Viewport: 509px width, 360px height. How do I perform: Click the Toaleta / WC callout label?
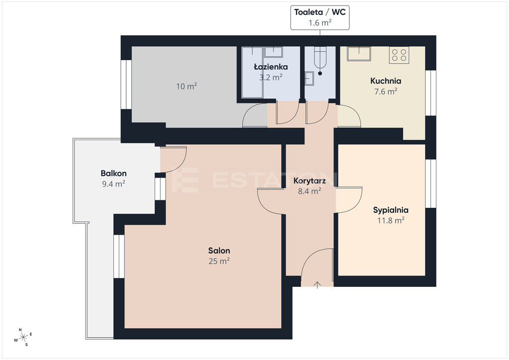pos(320,12)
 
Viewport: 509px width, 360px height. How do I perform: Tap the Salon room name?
pos(219,251)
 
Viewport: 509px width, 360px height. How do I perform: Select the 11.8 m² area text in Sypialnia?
pos(391,220)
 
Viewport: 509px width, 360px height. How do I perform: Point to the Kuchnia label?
pos(386,81)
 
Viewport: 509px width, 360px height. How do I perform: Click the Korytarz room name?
pos(309,181)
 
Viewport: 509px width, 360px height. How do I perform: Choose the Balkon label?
pos(114,174)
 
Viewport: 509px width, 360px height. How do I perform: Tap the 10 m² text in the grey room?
pos(186,87)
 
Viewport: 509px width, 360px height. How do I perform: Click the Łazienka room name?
pos(271,67)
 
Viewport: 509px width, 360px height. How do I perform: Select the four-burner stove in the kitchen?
pos(399,55)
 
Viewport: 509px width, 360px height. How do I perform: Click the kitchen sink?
pos(359,54)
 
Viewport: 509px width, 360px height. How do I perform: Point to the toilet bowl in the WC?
pos(320,61)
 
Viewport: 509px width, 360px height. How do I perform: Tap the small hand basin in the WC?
pos(309,79)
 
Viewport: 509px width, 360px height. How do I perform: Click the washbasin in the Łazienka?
pos(273,52)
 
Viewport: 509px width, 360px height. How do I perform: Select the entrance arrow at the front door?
pos(317,285)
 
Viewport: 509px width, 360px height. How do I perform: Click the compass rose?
pos(23,338)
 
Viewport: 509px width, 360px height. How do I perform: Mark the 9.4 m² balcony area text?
pos(114,184)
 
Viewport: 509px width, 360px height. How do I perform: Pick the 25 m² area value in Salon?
pos(219,261)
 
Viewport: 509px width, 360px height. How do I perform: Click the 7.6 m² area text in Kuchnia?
pos(386,91)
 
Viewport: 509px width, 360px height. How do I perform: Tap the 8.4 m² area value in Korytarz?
pos(309,191)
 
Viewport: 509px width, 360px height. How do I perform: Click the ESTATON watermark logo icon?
pos(185,180)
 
